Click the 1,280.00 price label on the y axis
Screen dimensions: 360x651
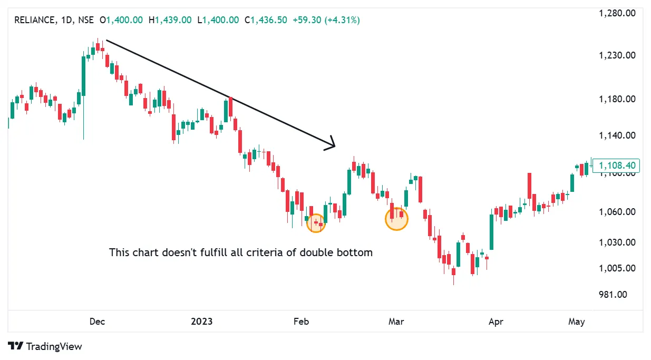[617, 13]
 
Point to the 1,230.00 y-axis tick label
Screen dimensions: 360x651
[617, 55]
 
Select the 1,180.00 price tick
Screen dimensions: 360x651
[617, 99]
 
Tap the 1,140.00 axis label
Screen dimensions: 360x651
[617, 135]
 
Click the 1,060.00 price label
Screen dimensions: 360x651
[617, 212]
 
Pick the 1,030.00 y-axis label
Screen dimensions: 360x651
[617, 243]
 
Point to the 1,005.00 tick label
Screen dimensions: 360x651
[617, 268]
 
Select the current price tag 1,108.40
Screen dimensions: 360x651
[616, 166]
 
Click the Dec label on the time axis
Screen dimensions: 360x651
[96, 322]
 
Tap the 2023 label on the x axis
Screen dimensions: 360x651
[202, 322]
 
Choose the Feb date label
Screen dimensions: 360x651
[300, 322]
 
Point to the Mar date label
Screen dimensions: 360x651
[396, 322]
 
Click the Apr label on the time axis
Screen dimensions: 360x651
[495, 322]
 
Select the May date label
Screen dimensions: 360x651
[577, 322]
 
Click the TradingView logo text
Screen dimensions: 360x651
[54, 346]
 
